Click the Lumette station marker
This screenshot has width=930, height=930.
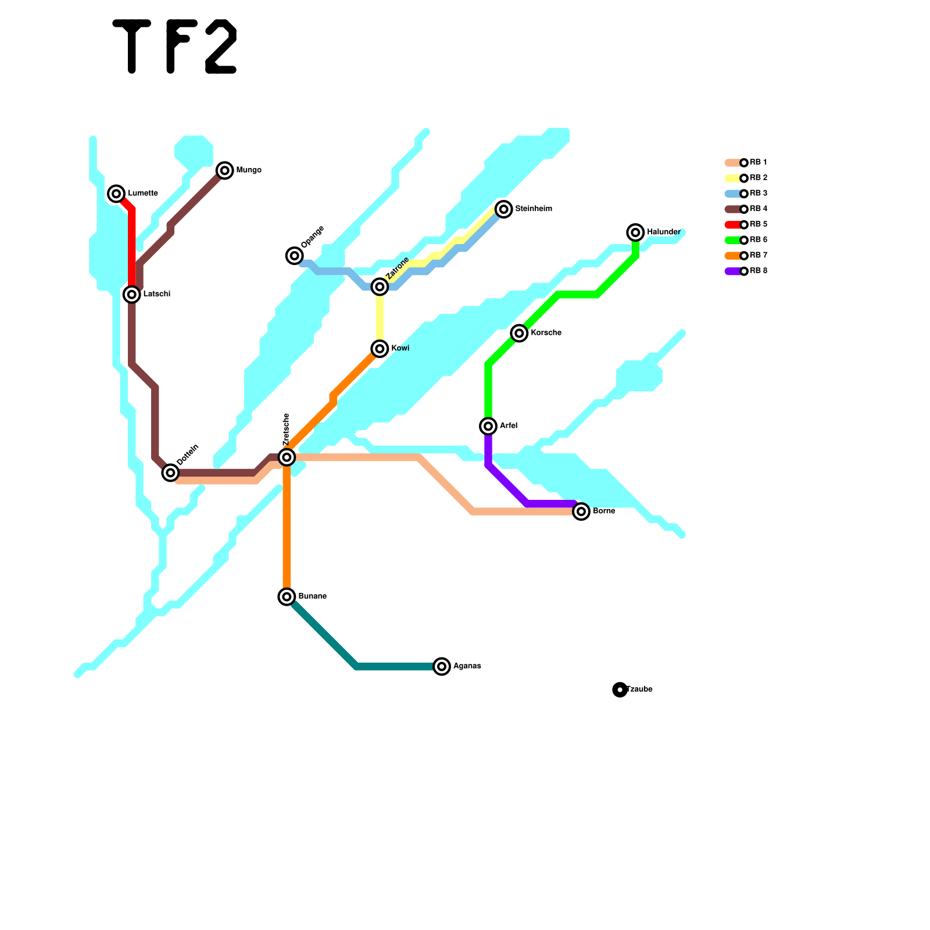[116, 194]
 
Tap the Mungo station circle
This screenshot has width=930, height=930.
[225, 170]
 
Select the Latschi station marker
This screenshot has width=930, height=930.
[132, 295]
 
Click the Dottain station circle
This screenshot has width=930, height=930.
[170, 473]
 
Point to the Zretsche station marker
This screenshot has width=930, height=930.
[287, 457]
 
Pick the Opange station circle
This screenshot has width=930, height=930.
[295, 255]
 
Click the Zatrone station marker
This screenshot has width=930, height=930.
[380, 287]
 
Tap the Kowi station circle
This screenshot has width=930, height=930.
[380, 349]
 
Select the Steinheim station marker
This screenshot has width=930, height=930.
[504, 209]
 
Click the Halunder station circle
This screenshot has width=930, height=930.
[636, 233]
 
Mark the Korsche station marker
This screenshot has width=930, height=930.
[519, 333]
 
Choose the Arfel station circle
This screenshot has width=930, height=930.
[488, 426]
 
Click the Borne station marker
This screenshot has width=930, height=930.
[581, 512]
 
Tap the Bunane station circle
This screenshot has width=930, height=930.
[287, 596]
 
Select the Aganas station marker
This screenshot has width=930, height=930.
[442, 666]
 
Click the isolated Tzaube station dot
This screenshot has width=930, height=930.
[620, 689]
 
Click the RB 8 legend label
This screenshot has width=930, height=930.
[759, 271]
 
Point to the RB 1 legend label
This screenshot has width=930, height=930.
[759, 162]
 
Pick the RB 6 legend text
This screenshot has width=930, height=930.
[759, 239]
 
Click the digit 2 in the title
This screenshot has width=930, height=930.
[221, 46]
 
